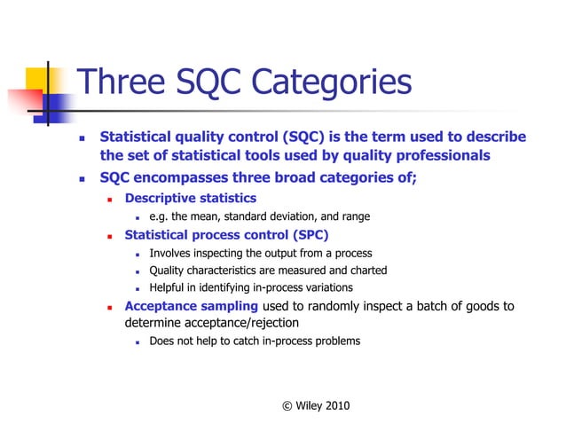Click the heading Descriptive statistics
pos(190,198)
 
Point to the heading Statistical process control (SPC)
pos(226,235)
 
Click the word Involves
pos(171,254)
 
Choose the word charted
pos(367,271)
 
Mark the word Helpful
pos(169,288)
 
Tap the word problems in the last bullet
pos(335,341)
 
